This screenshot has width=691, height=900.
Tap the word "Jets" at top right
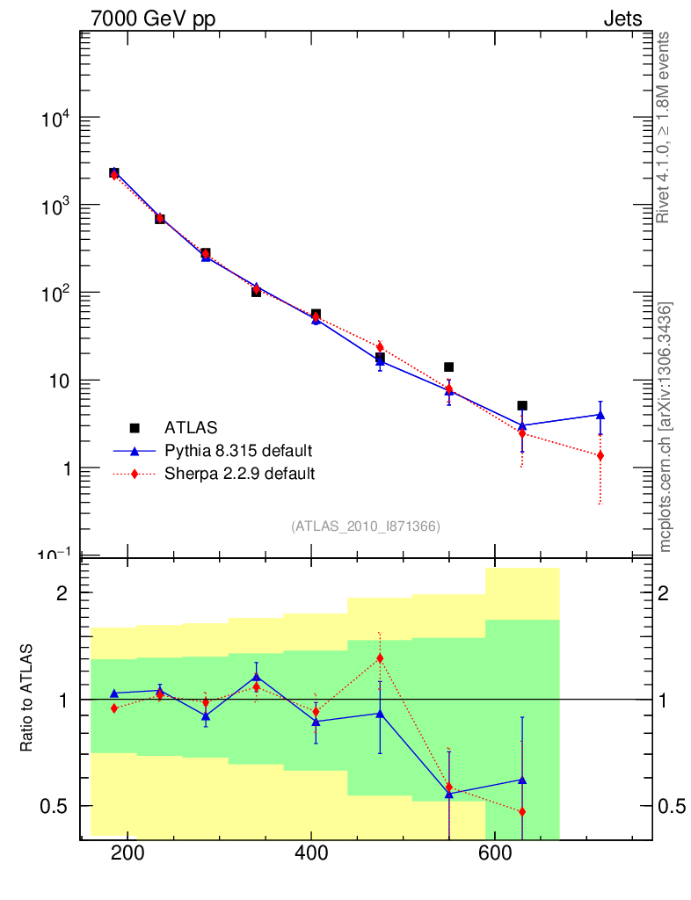click(x=622, y=18)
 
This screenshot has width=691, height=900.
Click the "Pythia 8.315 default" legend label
click(x=238, y=451)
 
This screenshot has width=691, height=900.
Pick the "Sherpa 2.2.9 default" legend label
click(x=239, y=474)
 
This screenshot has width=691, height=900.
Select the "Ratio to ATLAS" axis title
click(x=27, y=698)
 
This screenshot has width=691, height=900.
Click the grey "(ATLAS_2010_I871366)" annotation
click(x=366, y=526)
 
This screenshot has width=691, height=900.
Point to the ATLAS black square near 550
click(x=448, y=367)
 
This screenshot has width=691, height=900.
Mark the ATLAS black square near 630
click(x=522, y=406)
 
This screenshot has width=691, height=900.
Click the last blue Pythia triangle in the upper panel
click(x=600, y=415)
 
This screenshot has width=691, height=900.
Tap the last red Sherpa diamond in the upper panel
click(x=600, y=455)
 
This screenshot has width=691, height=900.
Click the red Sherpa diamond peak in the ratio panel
click(x=380, y=658)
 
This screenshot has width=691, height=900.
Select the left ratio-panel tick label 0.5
click(x=55, y=806)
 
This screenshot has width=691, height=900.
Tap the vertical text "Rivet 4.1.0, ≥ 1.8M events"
click(x=664, y=127)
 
